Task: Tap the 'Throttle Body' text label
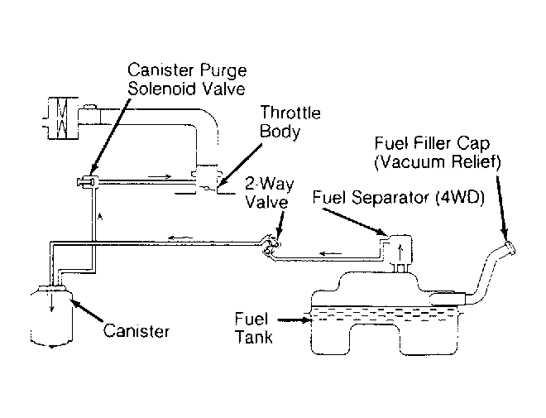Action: pos(290,122)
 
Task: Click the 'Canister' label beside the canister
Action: pos(136,331)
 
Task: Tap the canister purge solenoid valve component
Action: pos(87,180)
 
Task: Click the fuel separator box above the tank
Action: pos(399,247)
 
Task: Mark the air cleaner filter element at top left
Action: pos(60,117)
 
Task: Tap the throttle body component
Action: pos(204,178)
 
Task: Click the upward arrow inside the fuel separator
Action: pos(400,246)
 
